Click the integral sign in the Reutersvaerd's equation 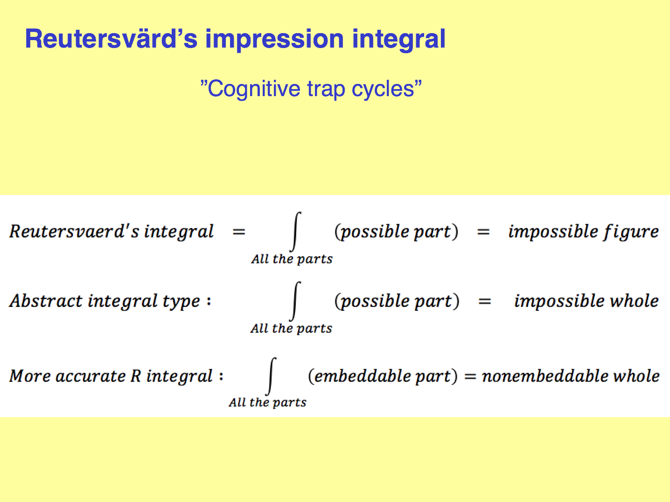coord(295,232)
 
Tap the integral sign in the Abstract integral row coord(295,301)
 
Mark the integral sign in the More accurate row coord(271,376)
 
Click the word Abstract coord(46,301)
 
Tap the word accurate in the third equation coord(91,376)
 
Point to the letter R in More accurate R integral coord(135,376)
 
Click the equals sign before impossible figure coord(483,232)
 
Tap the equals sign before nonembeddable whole coord(470,376)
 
